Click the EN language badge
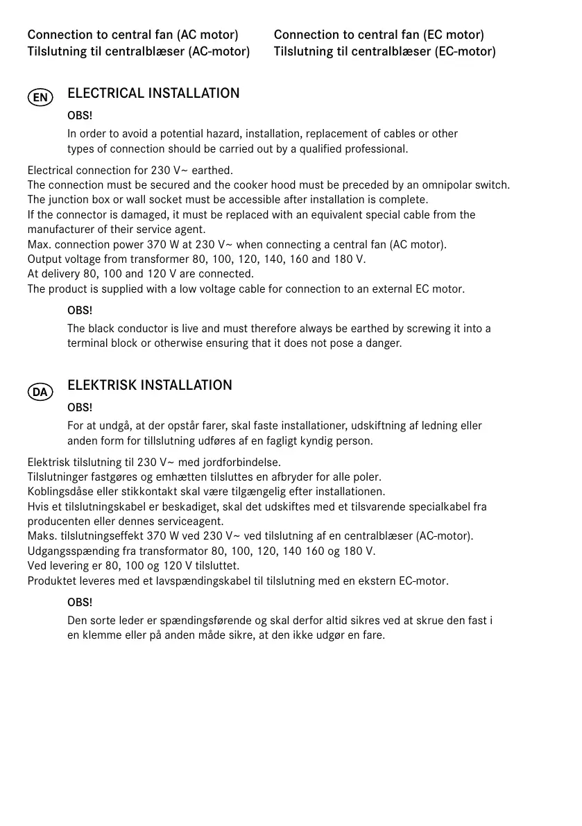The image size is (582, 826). tap(40, 98)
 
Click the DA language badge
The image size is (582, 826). tap(40, 393)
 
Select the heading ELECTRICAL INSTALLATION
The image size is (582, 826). tap(153, 94)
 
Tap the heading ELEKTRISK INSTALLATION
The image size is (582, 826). tap(150, 386)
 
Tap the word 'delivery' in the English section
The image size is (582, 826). tap(61, 274)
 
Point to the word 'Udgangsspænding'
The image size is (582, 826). tap(71, 551)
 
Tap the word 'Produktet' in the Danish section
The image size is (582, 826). tap(51, 581)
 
